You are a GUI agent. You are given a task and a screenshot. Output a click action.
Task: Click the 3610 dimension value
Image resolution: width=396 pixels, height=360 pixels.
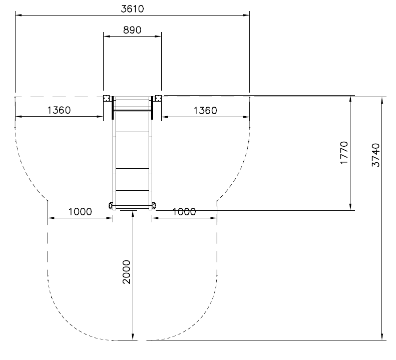tap(132, 9)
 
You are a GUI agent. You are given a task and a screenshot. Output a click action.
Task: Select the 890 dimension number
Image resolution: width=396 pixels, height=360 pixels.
tap(132, 30)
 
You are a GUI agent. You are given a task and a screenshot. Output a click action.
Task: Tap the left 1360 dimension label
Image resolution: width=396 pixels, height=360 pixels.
tap(59, 110)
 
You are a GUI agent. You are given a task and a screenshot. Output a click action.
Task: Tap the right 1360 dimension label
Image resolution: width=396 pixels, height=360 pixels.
tap(205, 111)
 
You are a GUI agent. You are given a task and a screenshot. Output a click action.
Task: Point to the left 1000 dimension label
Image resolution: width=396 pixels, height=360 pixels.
tap(80, 212)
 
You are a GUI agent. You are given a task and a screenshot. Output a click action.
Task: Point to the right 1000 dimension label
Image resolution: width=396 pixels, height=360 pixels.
tap(184, 212)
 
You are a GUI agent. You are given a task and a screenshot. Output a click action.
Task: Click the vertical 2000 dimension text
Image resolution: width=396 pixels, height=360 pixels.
tap(126, 272)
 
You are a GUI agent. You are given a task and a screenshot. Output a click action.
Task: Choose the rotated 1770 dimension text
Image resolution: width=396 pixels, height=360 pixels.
tap(344, 153)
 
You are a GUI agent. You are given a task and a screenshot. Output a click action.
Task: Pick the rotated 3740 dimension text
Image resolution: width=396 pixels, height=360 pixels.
tap(375, 155)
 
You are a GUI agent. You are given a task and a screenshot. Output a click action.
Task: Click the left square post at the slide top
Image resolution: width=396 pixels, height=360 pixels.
tap(107, 98)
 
